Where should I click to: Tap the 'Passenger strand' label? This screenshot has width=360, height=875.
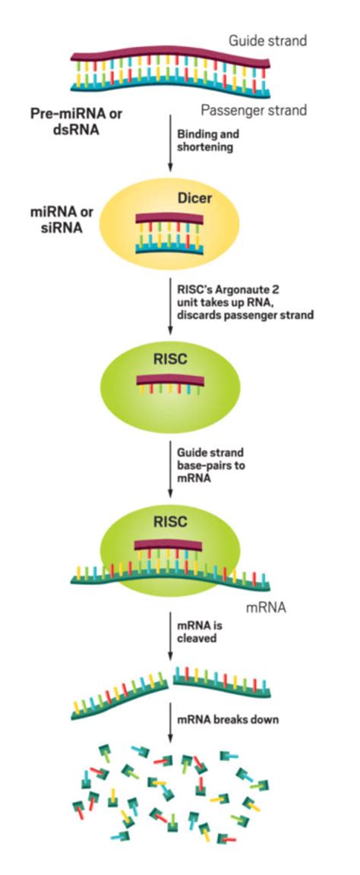[x=259, y=110]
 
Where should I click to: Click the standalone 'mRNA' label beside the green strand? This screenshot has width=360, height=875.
[x=267, y=609]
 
